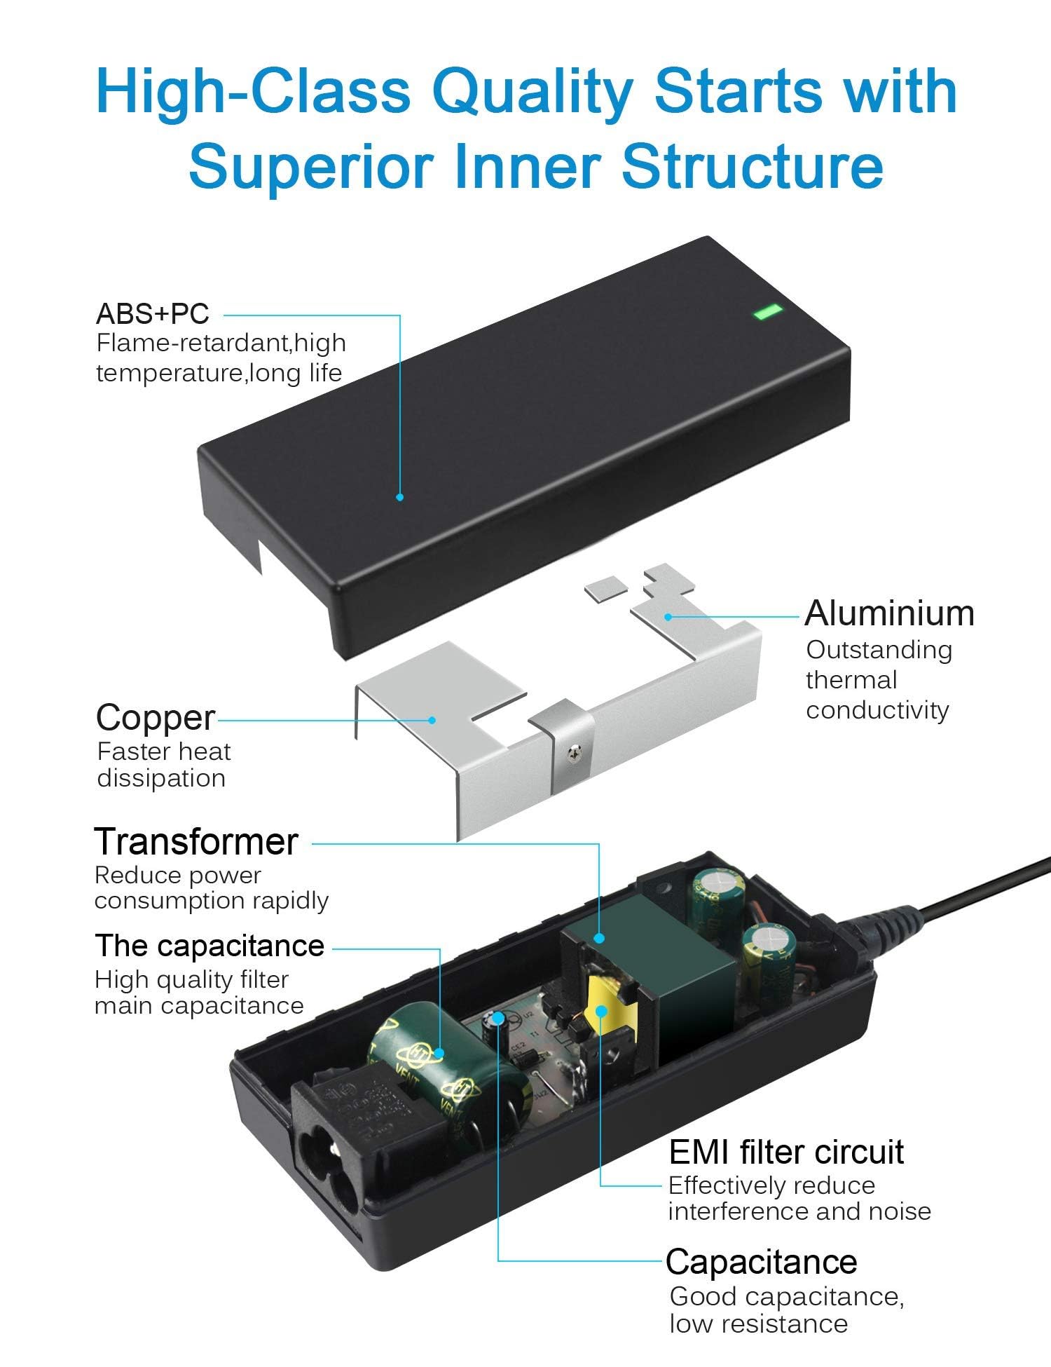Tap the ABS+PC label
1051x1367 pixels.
[x=153, y=313]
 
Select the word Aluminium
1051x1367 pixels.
[x=889, y=613]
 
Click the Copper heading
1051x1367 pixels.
[x=156, y=717]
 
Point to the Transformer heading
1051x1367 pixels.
[x=196, y=841]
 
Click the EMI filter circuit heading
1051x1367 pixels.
[x=786, y=1152]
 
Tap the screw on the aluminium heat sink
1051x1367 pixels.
[x=575, y=753]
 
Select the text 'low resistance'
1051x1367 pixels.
[x=758, y=1324]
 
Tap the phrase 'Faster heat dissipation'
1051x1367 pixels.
[x=164, y=765]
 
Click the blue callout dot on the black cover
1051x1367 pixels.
[x=399, y=497]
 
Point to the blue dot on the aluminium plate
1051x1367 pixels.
[x=668, y=617]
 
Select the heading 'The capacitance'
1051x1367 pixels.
[x=209, y=946]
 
